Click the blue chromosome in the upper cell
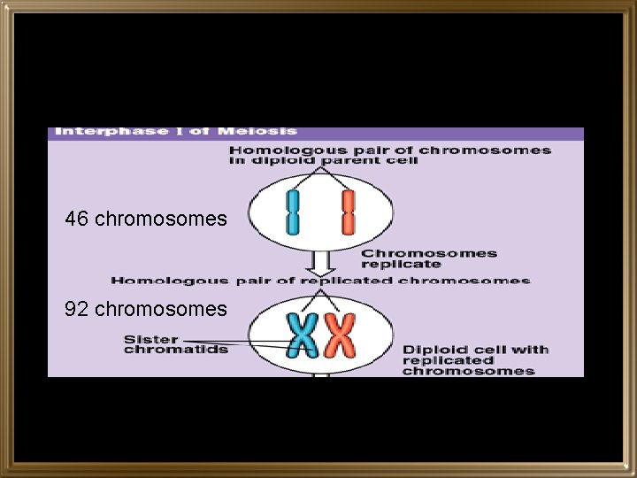point(293,212)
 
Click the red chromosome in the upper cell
point(348,212)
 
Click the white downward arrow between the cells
point(321,260)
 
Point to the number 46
point(77,219)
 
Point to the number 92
point(77,309)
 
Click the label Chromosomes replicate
point(428,258)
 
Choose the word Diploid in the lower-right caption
point(427,350)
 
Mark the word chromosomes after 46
point(160,219)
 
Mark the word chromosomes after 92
point(160,309)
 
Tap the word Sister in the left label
point(150,339)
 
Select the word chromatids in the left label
point(175,349)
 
